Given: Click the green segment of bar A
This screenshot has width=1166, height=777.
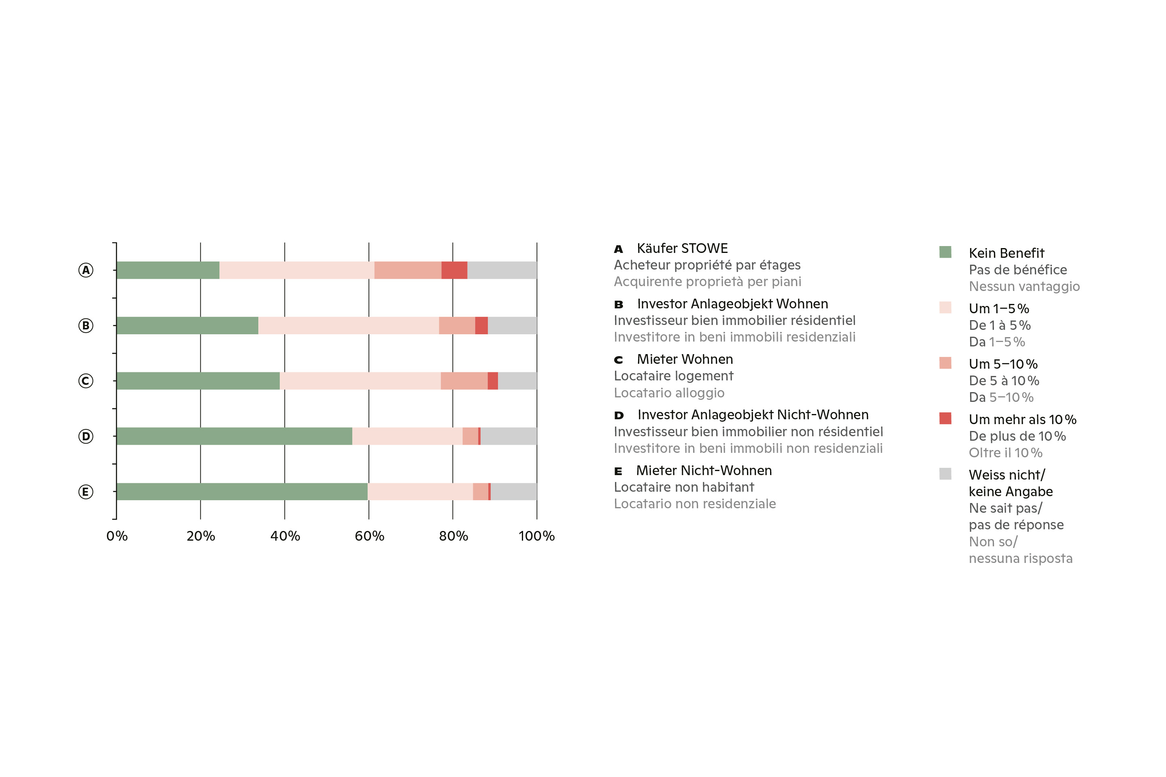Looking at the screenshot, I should (168, 270).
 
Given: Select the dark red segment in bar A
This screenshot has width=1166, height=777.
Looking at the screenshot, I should (454, 270).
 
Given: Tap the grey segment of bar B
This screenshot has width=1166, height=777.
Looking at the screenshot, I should (512, 325).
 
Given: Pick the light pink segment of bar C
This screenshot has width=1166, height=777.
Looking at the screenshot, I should (360, 380).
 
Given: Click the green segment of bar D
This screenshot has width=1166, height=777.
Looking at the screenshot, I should (234, 436).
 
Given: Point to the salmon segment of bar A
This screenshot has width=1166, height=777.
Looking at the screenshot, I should (408, 270).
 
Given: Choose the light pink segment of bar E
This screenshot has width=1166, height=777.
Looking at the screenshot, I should (420, 492).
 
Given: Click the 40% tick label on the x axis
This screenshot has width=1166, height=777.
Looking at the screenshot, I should (285, 536).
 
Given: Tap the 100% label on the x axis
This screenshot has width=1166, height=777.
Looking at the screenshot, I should (536, 536).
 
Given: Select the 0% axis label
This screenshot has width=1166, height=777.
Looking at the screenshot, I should (117, 536).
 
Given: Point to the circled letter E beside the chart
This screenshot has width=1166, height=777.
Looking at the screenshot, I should (86, 492).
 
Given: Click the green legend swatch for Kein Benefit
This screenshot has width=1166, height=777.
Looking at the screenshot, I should (945, 252).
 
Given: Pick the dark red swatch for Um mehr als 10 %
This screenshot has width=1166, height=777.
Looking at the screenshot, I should (945, 418).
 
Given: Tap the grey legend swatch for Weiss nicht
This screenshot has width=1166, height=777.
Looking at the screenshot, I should (945, 474).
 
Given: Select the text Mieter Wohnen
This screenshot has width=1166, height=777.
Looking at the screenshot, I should (685, 359).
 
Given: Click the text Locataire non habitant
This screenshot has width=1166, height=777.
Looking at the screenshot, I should (684, 487).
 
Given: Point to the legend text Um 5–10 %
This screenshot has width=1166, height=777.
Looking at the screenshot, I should (1003, 364).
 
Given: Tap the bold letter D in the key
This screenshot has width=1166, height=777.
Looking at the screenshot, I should (619, 415).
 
